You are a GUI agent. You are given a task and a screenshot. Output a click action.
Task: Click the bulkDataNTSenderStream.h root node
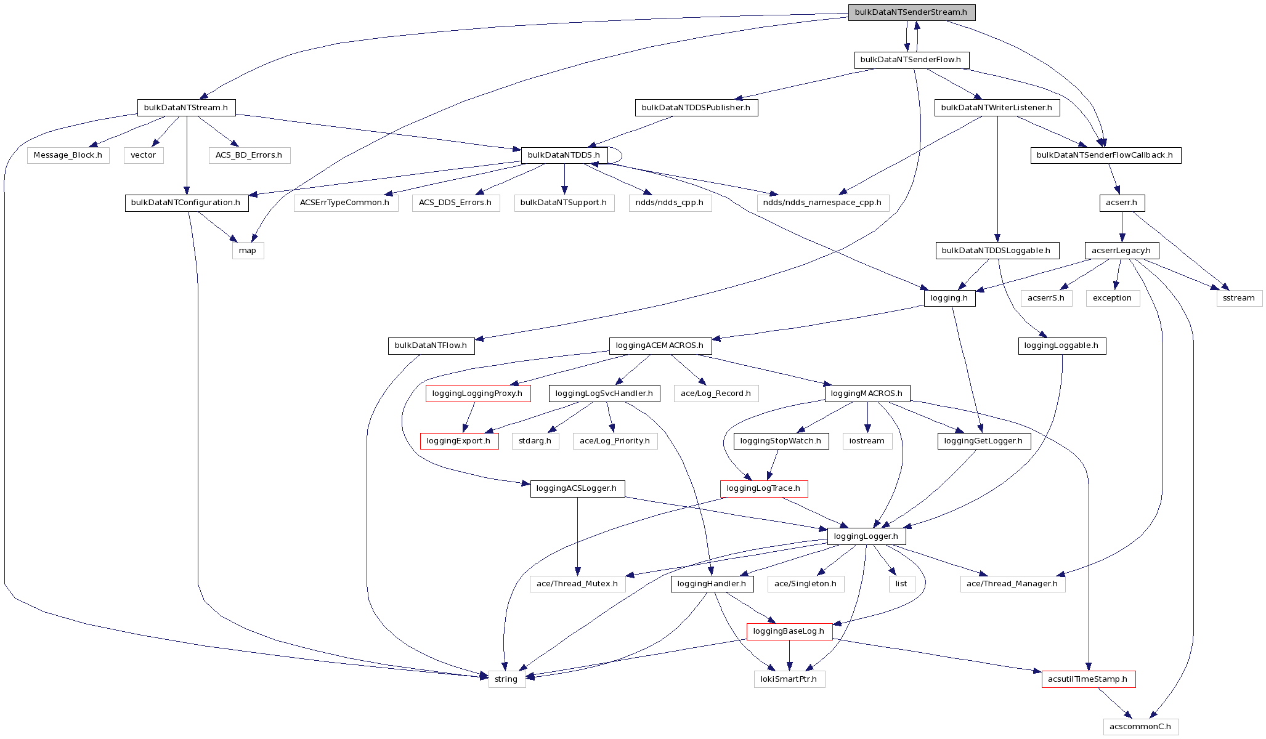tap(911, 12)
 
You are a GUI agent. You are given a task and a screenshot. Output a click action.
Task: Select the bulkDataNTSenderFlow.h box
tap(911, 60)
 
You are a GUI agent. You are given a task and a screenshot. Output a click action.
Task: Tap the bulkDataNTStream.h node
tap(185, 108)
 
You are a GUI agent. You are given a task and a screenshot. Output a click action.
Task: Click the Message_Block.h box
tap(68, 155)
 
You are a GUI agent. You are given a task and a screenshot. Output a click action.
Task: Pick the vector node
tap(143, 155)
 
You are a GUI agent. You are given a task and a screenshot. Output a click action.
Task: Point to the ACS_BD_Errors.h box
tap(248, 155)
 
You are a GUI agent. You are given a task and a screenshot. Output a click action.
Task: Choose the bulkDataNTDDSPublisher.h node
tap(696, 108)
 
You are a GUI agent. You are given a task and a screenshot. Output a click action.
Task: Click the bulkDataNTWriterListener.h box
tap(996, 108)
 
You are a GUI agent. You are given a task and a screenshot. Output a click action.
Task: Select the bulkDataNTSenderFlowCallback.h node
tap(1105, 155)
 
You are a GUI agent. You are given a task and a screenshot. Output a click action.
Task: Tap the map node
tap(248, 251)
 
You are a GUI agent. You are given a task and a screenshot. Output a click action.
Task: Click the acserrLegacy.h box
tap(1121, 251)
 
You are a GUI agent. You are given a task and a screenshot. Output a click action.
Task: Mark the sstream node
tap(1238, 298)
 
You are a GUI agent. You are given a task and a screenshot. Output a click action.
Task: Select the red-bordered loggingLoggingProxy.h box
tap(477, 394)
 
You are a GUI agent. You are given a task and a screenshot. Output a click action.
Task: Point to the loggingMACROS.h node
tap(866, 394)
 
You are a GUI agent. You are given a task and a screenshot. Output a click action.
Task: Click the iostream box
tap(866, 441)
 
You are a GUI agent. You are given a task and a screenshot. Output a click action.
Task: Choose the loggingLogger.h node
tap(866, 536)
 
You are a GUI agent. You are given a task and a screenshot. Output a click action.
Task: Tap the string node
tap(506, 679)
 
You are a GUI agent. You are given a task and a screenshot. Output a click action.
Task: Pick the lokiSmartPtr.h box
tap(789, 679)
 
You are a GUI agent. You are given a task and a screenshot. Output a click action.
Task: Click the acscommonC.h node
tap(1140, 727)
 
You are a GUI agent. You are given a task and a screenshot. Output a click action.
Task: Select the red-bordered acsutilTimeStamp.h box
tap(1087, 679)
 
